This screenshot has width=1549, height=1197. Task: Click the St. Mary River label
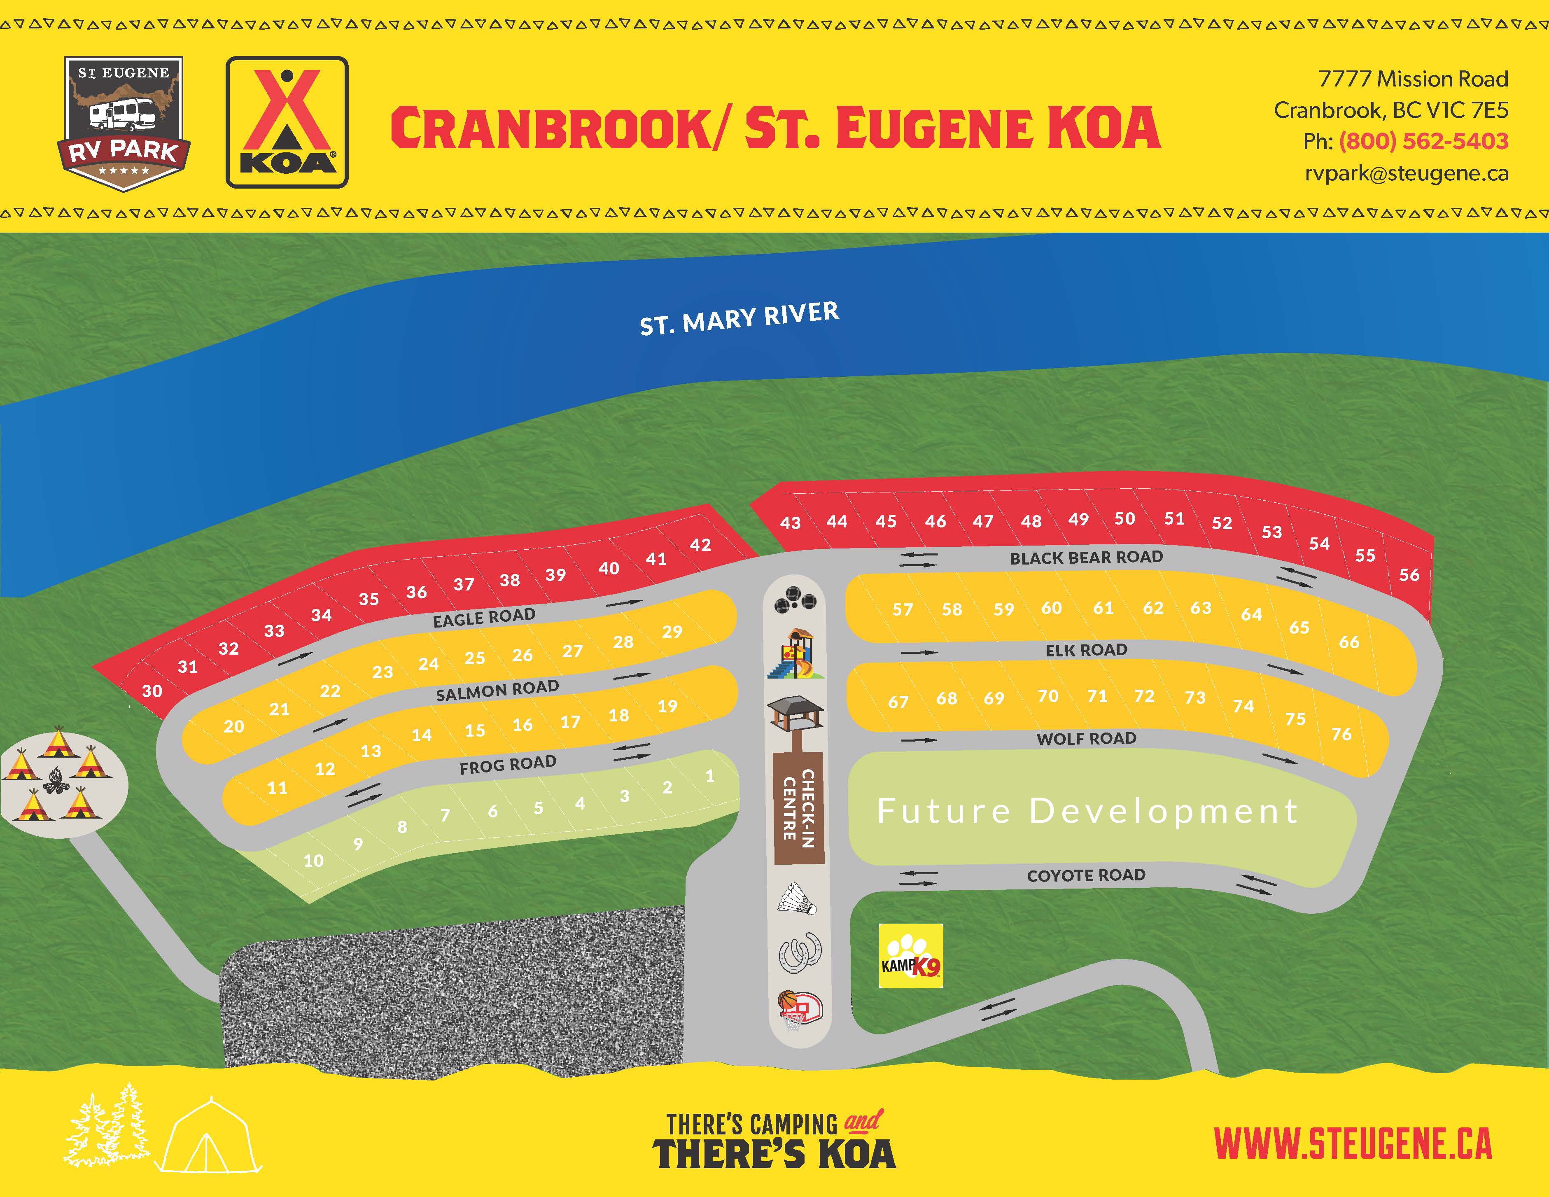click(x=739, y=318)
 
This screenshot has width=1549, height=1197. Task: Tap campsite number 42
click(x=700, y=545)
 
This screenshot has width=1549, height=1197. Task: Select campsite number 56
click(x=1409, y=574)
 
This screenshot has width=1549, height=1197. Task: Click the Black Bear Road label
click(x=1086, y=558)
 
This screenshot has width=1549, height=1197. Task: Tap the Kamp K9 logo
click(x=911, y=955)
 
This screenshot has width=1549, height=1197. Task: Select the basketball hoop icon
click(x=799, y=1010)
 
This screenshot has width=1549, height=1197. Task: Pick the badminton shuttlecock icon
click(x=797, y=899)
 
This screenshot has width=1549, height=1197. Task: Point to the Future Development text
click(x=1087, y=810)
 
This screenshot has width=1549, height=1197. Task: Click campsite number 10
click(x=313, y=860)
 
